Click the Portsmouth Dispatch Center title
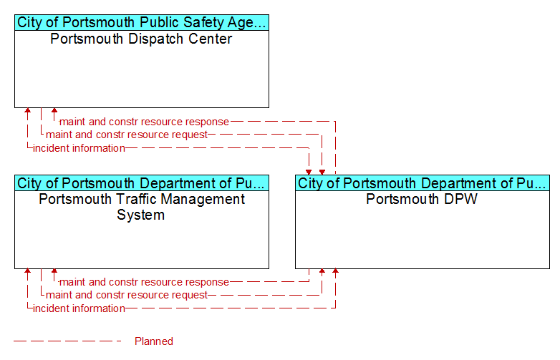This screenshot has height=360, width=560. [141, 39]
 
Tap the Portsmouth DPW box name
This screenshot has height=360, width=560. [422, 199]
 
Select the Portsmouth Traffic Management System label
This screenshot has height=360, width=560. [141, 207]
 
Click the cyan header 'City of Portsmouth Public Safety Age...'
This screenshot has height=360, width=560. [142, 22]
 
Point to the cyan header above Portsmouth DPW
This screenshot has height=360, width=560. [423, 183]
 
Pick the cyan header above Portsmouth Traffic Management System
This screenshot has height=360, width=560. [142, 183]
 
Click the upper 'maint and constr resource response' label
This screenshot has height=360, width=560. [144, 122]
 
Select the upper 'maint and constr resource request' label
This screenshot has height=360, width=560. [127, 135]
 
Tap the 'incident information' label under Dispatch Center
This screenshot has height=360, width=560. [79, 148]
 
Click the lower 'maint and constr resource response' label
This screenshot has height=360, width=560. [144, 282]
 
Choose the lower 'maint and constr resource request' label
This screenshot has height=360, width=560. [127, 295]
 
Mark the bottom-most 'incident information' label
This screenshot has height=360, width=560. [79, 308]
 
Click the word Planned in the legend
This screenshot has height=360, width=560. [153, 341]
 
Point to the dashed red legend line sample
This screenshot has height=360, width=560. [67, 341]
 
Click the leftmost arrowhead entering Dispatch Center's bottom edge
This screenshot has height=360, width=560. [27, 111]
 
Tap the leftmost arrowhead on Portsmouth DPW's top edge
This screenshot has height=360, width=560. [309, 172]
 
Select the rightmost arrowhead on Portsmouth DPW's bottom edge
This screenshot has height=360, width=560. [335, 271]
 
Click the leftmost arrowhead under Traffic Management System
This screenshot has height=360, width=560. [27, 271]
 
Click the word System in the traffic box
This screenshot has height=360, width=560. [140, 215]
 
